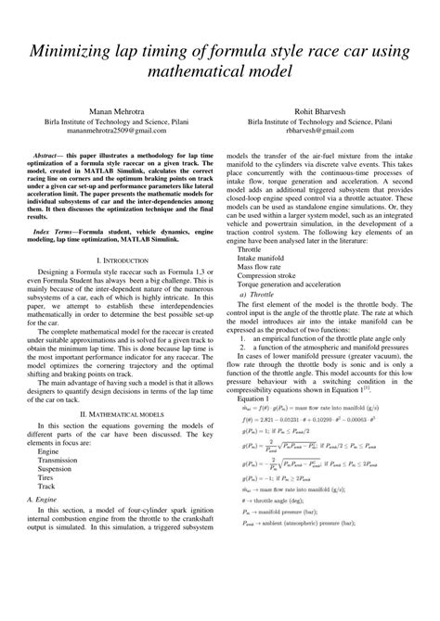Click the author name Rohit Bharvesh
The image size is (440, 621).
322,108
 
